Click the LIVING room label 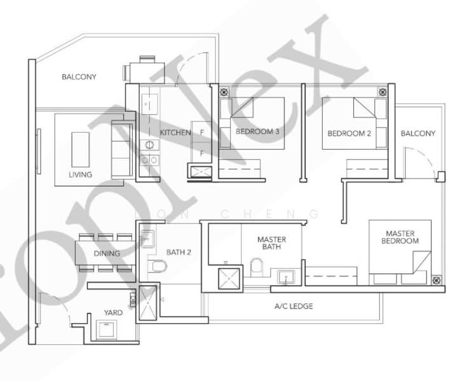tap(80, 175)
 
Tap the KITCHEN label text tap(175, 133)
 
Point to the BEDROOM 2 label tap(349, 133)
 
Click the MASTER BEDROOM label tap(400, 237)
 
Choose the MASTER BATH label tap(271, 243)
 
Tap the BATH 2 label tap(179, 252)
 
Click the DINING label tap(107, 254)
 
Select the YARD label tap(113, 313)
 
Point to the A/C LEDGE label tap(294, 306)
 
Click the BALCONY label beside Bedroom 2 tap(418, 133)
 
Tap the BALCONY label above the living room tap(79, 77)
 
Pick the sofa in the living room tap(119, 149)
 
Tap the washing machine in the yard tap(105, 330)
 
